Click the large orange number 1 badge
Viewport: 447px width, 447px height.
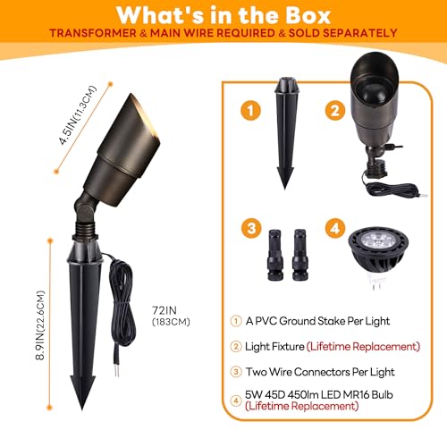click(250, 110)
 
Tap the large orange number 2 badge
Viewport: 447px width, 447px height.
click(335, 110)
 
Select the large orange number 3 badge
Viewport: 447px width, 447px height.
click(251, 228)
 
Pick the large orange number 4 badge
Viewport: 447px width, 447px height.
click(335, 228)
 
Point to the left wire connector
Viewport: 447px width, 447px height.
click(275, 255)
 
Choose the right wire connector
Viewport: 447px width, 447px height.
click(299, 255)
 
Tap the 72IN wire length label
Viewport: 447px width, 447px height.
click(164, 310)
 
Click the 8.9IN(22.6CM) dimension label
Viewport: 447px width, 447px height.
click(39, 325)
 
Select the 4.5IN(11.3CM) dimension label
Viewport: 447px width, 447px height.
click(78, 115)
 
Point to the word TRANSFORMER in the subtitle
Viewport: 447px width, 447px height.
click(93, 33)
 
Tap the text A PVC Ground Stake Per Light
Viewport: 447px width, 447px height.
click(317, 321)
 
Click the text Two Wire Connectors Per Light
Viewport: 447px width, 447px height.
click(320, 372)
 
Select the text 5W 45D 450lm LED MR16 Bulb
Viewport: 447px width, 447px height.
click(319, 394)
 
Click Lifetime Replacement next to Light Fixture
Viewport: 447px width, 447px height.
click(363, 347)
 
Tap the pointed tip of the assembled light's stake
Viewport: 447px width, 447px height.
click(82, 409)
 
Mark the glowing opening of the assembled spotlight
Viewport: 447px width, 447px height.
click(146, 118)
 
